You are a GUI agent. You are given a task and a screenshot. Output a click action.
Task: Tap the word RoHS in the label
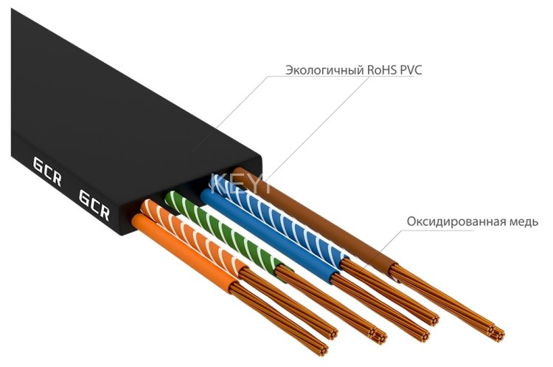pyautogui.click(x=376, y=71)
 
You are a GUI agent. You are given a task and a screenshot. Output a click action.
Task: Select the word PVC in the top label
pyautogui.click(x=408, y=71)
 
